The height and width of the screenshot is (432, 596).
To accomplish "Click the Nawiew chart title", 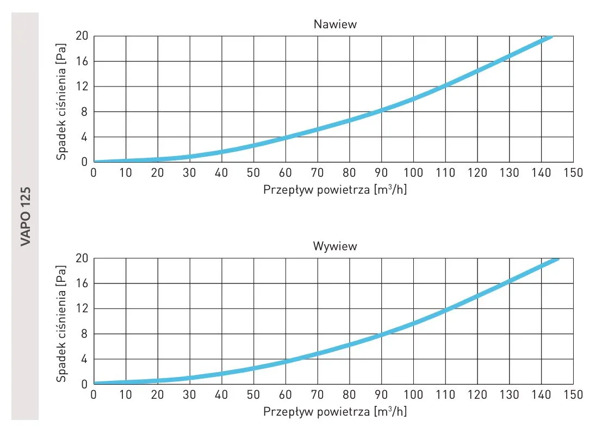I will pos(335,24).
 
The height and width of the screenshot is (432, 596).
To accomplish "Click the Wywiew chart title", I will pos(335,246).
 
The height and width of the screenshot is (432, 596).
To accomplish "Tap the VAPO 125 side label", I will pos(26,217).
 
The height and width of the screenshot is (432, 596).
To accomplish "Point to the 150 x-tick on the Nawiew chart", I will pos(573,173).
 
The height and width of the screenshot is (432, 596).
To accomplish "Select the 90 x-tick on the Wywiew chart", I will pos(381,394).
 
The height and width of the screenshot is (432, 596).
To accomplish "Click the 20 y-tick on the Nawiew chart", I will pos(82,36).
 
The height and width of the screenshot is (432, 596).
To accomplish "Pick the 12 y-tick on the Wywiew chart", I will pos(82,308).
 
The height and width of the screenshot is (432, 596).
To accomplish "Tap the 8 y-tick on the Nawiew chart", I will pos(85,112).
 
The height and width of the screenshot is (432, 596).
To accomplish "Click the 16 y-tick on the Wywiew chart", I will pos(82,283).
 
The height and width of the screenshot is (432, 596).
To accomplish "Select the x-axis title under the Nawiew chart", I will pos(334,190).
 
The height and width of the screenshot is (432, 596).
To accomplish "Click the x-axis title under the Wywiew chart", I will pos(334,412).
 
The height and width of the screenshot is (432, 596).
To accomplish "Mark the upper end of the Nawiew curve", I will pos(551,37).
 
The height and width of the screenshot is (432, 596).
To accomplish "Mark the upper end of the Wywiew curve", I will pos(557,259).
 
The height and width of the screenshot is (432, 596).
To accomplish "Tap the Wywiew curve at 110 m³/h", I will pos(445,310).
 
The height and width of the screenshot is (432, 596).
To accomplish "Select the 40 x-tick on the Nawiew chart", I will pos(221,173).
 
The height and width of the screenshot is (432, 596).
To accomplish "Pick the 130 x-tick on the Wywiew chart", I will pos(509,394).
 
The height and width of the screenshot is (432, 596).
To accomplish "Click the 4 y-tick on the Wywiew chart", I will pos(85,359).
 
